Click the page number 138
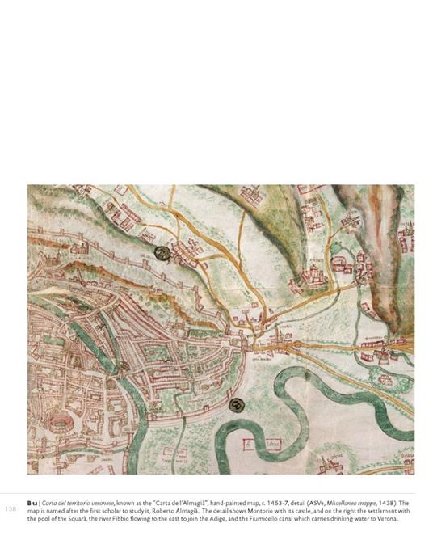tap(11, 509)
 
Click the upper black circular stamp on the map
tap(162, 253)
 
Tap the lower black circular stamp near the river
tap(236, 405)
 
